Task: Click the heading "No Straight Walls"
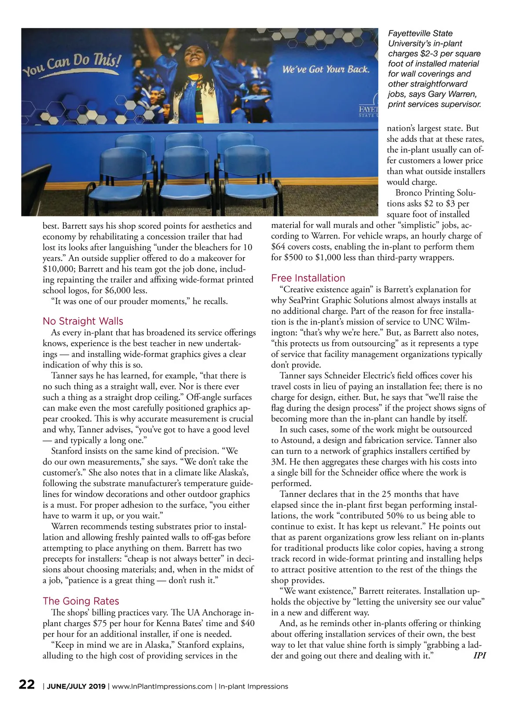[x=83, y=321]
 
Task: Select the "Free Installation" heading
[x=308, y=278]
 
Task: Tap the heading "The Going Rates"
[x=81, y=601]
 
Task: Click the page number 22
[x=27, y=685]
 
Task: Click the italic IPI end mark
[x=479, y=656]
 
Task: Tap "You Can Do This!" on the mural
[x=72, y=64]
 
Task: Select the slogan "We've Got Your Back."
[x=326, y=69]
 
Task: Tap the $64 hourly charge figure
[x=279, y=247]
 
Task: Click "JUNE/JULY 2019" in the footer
[x=76, y=686]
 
